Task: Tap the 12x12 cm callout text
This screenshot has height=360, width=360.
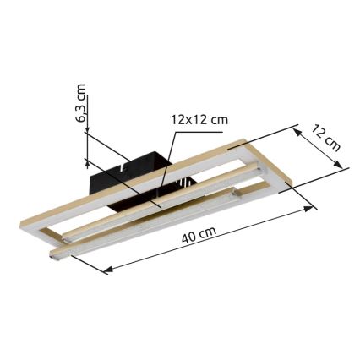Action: coord(199,120)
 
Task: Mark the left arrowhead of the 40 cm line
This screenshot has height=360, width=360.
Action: coord(107,270)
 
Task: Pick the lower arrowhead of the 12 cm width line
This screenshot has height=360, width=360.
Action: coord(345,170)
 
